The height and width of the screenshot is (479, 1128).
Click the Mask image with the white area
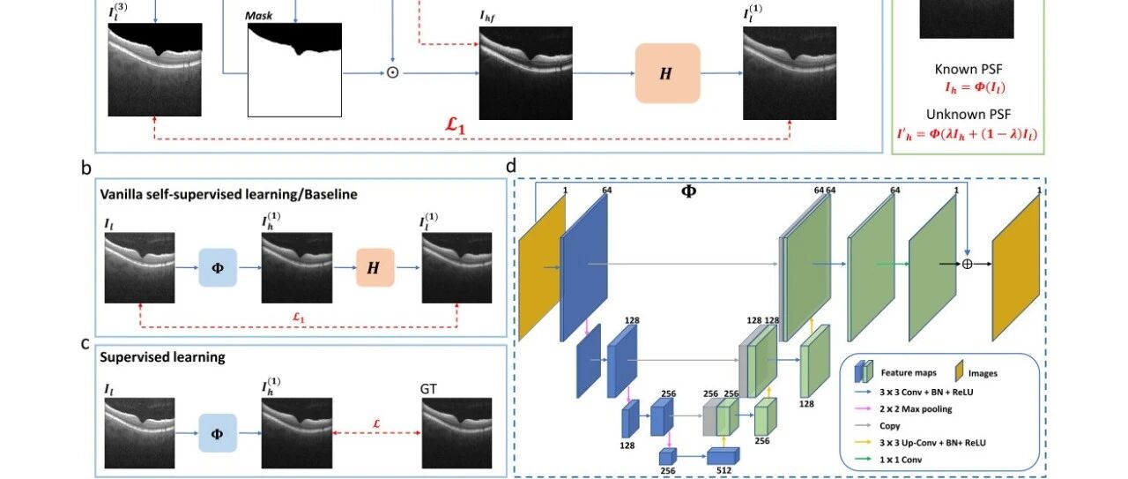(x=294, y=70)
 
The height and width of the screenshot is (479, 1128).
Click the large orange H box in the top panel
(x=668, y=73)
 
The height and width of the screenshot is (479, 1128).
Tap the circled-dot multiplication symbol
(x=393, y=73)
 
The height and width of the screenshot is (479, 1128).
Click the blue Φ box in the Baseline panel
(x=218, y=268)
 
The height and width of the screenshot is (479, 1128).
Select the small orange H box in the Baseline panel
(x=375, y=268)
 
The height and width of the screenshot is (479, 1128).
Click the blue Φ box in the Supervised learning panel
(x=218, y=433)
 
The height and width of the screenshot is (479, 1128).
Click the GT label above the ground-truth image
(x=428, y=389)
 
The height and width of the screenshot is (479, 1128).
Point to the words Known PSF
(x=968, y=69)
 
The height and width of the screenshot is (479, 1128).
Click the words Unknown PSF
(x=968, y=115)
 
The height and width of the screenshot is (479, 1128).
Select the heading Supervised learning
(x=163, y=357)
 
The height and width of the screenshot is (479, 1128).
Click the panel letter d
(x=511, y=166)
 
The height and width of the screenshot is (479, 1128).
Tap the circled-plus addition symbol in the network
(x=967, y=264)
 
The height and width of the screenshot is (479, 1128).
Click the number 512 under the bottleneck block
(x=724, y=470)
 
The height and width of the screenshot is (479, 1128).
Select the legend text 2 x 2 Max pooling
(x=916, y=409)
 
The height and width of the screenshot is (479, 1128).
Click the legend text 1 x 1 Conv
(x=901, y=460)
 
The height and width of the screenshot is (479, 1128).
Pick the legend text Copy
(x=890, y=426)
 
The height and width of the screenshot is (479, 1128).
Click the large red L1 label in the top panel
(x=456, y=125)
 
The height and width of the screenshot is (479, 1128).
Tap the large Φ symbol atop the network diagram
(x=688, y=191)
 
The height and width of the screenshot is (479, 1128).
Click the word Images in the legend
(x=983, y=374)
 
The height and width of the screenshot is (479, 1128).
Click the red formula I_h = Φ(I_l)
(x=975, y=87)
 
